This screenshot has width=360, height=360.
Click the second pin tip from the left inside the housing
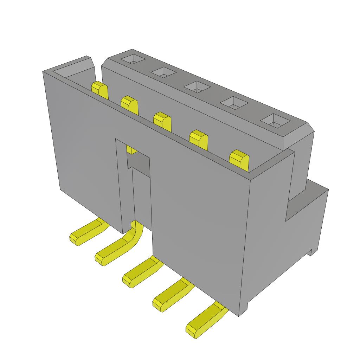click(129, 105)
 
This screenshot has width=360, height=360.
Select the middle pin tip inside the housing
click(162, 121)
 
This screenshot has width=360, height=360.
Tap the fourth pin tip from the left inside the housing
click(199, 140)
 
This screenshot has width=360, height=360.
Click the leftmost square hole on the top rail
click(133, 59)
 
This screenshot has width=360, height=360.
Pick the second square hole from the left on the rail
click(163, 72)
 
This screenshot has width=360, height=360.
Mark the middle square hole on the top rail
click(197, 86)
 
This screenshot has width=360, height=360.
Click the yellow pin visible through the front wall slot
click(131, 150)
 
